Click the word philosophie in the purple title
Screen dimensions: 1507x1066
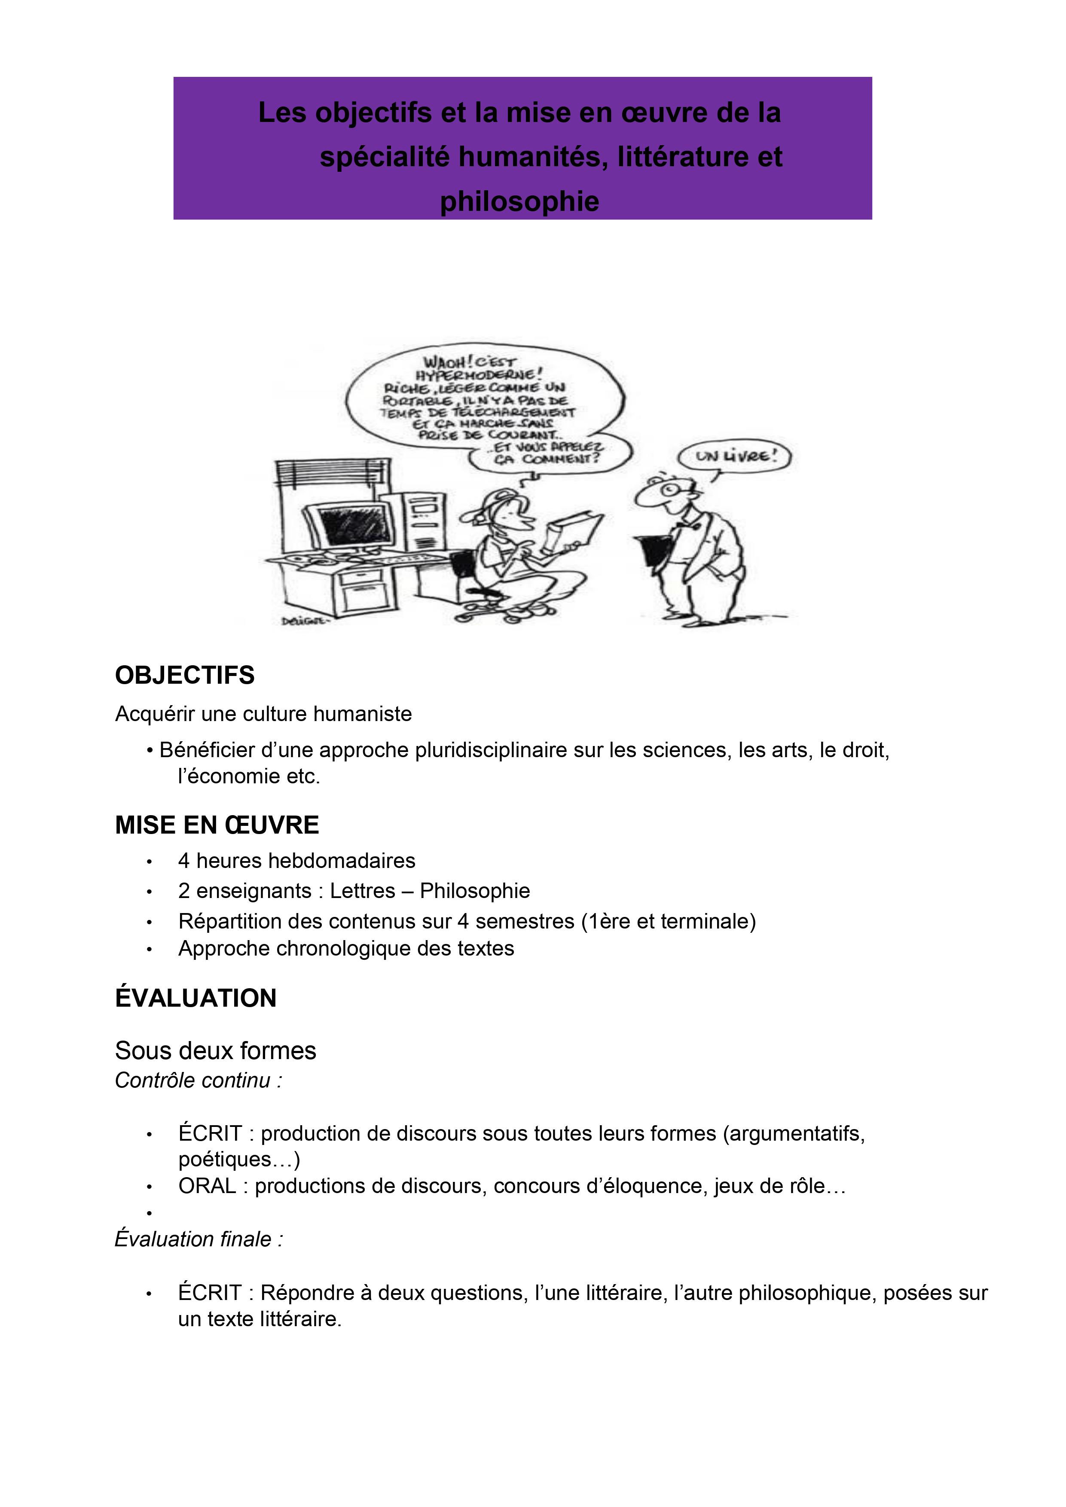click(x=519, y=201)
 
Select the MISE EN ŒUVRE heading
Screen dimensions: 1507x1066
click(x=217, y=825)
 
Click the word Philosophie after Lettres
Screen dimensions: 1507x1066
click(x=475, y=891)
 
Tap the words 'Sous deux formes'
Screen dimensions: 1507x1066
click(x=215, y=1050)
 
